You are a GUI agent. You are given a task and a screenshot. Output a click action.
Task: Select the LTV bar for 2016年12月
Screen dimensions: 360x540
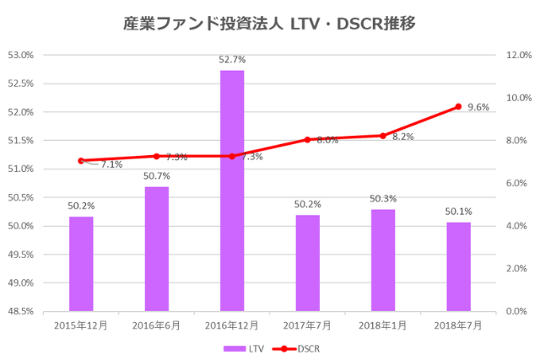coord(232,191)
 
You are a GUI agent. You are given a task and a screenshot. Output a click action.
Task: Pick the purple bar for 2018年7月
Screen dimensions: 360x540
coord(458,266)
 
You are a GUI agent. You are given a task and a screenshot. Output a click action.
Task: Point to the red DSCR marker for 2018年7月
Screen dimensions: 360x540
coord(458,106)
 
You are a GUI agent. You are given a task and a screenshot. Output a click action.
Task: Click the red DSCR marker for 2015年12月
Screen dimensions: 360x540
coord(81,160)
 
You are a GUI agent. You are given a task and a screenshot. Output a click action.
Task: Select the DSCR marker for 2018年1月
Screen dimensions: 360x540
coord(383,136)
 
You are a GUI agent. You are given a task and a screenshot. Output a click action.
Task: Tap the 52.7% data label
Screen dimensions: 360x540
coord(232,59)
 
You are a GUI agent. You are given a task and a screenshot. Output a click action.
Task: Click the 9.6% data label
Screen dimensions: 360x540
coord(479,107)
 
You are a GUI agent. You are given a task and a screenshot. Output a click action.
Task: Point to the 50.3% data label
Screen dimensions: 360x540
coord(383,198)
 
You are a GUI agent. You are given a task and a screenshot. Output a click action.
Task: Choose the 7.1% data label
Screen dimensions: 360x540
coord(111,165)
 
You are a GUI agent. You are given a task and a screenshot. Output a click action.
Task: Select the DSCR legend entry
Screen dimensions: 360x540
coord(298,347)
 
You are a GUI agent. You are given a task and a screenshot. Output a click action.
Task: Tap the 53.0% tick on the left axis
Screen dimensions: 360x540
coord(19,55)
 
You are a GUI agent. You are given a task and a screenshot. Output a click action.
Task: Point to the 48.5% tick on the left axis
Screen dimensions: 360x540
coord(19,311)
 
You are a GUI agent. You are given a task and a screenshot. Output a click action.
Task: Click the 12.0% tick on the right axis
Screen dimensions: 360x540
coord(517,55)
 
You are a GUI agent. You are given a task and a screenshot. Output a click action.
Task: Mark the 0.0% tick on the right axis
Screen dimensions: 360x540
coord(517,311)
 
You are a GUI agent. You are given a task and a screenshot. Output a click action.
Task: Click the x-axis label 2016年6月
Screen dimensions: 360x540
coord(156,325)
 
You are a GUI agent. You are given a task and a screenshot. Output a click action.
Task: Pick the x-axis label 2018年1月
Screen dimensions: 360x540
coord(383,325)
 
